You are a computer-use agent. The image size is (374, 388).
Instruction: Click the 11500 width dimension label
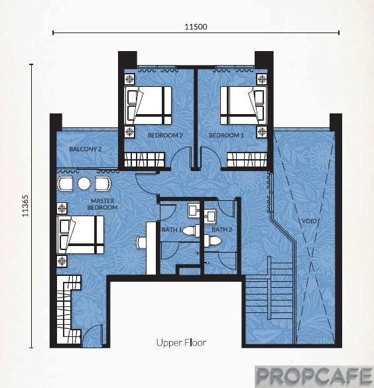point(196,27)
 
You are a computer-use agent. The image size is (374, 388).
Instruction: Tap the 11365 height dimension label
point(25,206)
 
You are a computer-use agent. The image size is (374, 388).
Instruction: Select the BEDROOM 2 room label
point(165,135)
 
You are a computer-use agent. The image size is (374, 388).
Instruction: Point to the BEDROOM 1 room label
point(226,135)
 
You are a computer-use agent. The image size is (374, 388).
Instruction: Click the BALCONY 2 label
point(86,149)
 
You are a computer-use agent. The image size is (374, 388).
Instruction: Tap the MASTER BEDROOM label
point(102,204)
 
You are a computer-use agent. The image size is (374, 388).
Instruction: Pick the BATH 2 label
point(222,229)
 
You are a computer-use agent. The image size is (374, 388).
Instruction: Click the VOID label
point(309,221)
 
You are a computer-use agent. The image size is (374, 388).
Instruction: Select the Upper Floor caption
point(181,343)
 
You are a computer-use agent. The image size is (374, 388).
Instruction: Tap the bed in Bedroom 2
point(148,105)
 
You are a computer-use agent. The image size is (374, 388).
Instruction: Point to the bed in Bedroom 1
point(243,105)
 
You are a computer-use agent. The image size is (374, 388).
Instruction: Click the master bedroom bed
point(80,235)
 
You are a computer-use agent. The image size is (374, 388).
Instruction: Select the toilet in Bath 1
point(191,231)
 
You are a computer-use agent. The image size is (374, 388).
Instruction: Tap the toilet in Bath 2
point(212,241)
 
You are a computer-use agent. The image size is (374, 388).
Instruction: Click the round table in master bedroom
point(84,184)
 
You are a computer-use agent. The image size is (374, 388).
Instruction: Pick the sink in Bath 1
point(194,210)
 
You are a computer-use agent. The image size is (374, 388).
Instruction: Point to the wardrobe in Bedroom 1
point(247,159)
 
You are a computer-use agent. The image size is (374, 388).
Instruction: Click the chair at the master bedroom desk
point(141,242)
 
